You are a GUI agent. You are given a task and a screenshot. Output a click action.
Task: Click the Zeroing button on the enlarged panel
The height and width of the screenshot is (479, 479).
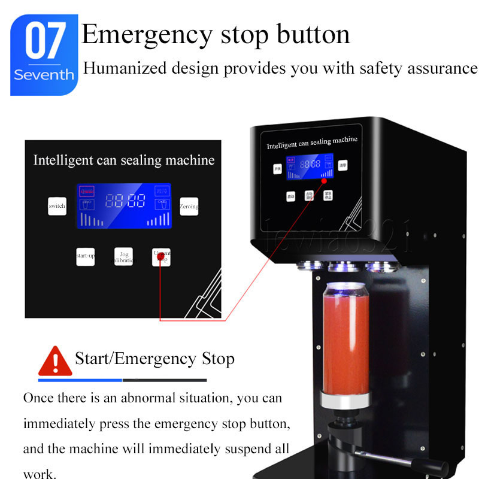[x=189, y=206]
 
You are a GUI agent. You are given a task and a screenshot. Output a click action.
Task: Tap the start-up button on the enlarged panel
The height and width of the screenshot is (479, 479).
[x=86, y=256]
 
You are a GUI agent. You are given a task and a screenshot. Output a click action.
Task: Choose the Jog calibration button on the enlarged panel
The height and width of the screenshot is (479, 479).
[x=123, y=257]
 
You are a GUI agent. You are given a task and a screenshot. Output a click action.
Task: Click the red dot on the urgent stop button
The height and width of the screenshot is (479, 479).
[x=160, y=257]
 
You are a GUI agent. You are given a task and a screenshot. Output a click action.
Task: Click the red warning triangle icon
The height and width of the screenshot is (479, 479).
[x=54, y=360]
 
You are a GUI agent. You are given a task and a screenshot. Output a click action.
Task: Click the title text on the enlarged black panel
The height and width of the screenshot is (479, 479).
[x=123, y=160]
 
